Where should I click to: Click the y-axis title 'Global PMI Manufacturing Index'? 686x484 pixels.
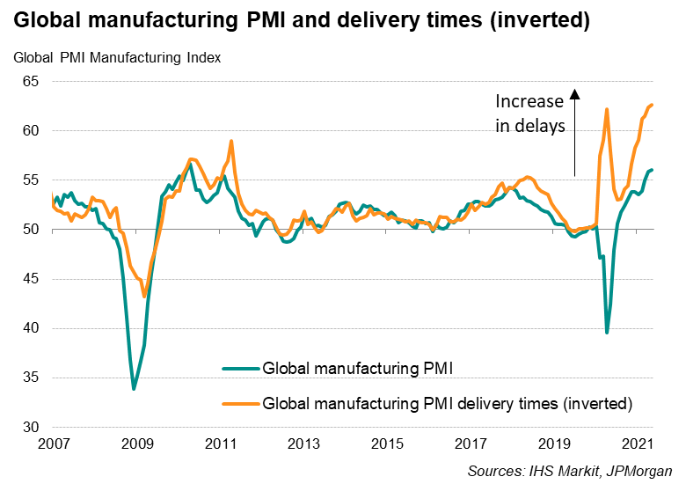pyautogui.click(x=117, y=59)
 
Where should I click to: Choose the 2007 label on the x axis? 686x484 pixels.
pyautogui.click(x=52, y=443)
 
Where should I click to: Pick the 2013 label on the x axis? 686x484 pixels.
pyautogui.click(x=303, y=443)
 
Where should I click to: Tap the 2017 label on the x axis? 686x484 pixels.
pyautogui.click(x=471, y=443)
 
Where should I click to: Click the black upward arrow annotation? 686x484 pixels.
pyautogui.click(x=574, y=132)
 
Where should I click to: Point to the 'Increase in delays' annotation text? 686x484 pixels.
pyautogui.click(x=530, y=114)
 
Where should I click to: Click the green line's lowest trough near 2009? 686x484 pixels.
pyautogui.click(x=134, y=388)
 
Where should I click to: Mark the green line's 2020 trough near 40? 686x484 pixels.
pyautogui.click(x=607, y=332)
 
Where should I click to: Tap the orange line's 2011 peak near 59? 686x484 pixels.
pyautogui.click(x=230, y=141)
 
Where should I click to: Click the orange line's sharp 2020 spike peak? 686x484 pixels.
pyautogui.click(x=607, y=109)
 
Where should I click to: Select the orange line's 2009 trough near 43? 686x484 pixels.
pyautogui.click(x=144, y=297)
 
